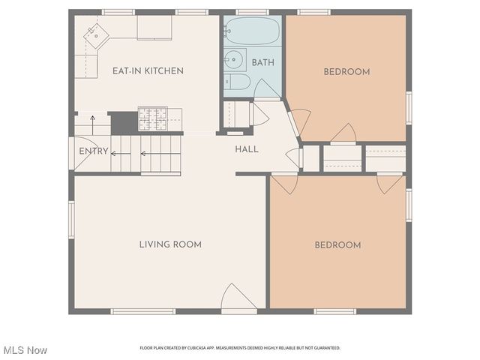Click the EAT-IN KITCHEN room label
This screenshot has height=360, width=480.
click(148, 71)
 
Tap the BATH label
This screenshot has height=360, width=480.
click(263, 63)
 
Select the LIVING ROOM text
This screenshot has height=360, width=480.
click(170, 244)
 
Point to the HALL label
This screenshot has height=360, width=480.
click(247, 150)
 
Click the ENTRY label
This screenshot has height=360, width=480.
click(94, 151)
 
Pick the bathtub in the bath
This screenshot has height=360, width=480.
click(253, 31)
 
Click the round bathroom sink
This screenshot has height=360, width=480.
click(233, 59)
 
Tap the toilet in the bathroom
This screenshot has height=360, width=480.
click(237, 82)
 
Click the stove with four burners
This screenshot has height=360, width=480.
click(153, 118)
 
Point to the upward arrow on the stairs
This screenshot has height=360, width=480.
click(93, 125)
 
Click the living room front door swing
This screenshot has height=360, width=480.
click(238, 296)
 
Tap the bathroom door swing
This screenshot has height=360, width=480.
click(267, 88)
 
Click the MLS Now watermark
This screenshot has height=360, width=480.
click(25, 350)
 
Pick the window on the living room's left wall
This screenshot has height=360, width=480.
click(72, 220)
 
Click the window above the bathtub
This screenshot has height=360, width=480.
click(253, 12)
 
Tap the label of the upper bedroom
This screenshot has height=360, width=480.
click(346, 72)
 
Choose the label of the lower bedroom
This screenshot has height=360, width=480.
click(337, 245)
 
